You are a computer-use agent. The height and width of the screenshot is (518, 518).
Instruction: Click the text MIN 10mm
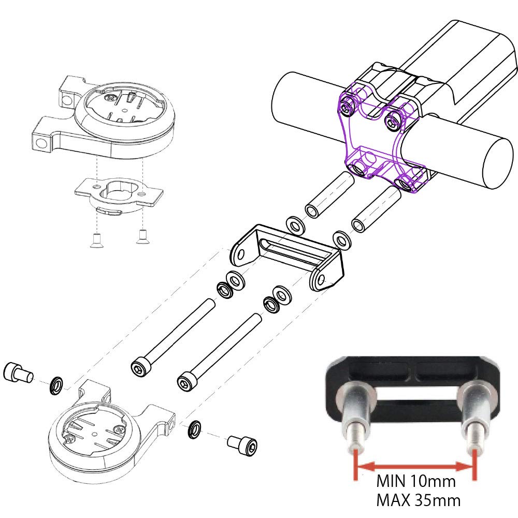[x=415, y=482]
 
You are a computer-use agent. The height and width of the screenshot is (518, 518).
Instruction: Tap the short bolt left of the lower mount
[x=18, y=371]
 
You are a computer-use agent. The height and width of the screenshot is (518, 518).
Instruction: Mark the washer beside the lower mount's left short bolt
[x=56, y=385]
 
